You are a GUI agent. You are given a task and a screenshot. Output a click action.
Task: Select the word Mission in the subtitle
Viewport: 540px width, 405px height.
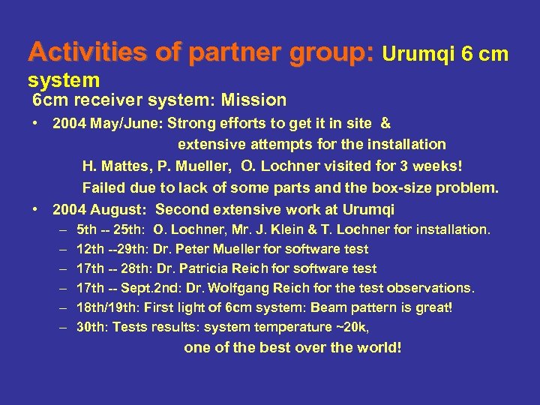pyautogui.click(x=258, y=100)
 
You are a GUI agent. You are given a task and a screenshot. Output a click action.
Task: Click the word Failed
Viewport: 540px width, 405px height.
pyautogui.click(x=102, y=187)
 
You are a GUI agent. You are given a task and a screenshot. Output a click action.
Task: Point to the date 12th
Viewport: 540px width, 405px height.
pyautogui.click(x=91, y=249)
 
